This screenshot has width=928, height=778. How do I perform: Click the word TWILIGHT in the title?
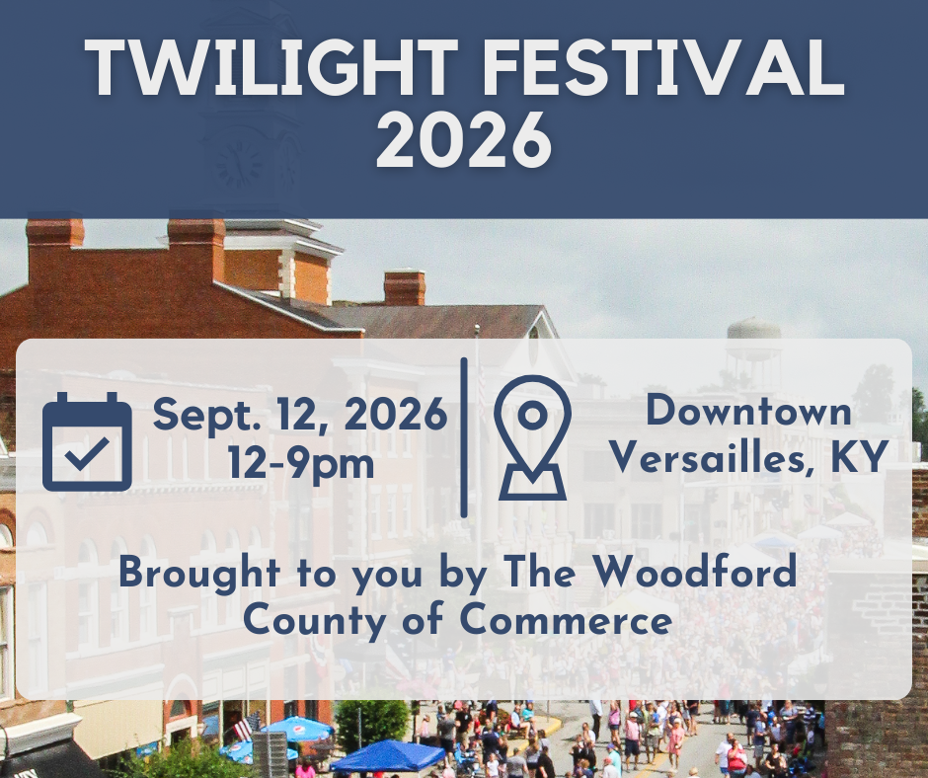point(271,67)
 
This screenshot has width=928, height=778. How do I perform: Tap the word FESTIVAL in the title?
point(664,67)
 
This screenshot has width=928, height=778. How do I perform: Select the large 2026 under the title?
point(465,140)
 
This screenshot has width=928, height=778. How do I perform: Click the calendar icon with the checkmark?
point(87,441)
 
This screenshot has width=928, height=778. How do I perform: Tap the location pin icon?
point(533,437)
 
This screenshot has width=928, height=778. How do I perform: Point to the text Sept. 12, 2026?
point(300,415)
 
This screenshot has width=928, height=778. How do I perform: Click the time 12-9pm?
point(301,463)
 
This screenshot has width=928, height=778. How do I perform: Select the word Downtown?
point(748,410)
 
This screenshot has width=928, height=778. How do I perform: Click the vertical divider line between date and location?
point(464,437)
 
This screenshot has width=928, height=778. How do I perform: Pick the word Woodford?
point(695,572)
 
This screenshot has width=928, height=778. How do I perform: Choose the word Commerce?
point(566,620)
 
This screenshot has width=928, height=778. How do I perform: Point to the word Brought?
point(199,574)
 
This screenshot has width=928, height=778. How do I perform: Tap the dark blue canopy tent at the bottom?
point(388,756)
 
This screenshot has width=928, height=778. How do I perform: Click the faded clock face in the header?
point(239,163)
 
